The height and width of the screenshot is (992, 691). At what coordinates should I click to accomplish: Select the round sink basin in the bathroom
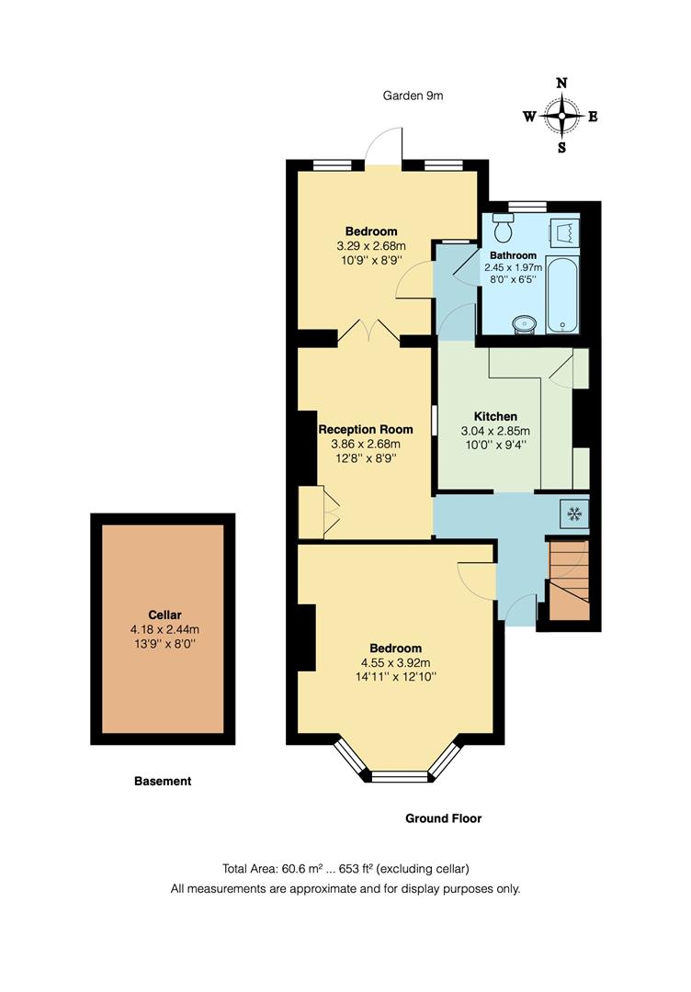click(525, 323)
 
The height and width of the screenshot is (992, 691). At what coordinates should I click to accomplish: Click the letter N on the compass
click(561, 84)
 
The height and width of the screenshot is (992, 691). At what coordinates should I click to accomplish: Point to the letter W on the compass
click(530, 117)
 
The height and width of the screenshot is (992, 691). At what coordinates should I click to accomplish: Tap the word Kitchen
click(495, 416)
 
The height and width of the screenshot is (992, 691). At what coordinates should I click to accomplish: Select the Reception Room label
click(366, 429)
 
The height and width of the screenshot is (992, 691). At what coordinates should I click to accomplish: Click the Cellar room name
click(164, 614)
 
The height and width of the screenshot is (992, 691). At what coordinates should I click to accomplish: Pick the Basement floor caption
click(163, 782)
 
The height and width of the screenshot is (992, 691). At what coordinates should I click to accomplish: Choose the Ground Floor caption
click(444, 818)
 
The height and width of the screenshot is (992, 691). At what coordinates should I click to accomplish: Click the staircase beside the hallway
click(566, 581)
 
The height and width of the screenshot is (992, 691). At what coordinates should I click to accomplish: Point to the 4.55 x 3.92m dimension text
click(396, 662)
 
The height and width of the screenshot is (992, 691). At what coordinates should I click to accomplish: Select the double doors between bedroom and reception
click(369, 333)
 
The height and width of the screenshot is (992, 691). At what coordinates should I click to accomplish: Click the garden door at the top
click(384, 147)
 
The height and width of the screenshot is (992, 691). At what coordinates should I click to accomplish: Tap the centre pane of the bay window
click(399, 777)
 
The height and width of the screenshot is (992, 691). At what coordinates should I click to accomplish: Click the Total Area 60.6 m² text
click(345, 869)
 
